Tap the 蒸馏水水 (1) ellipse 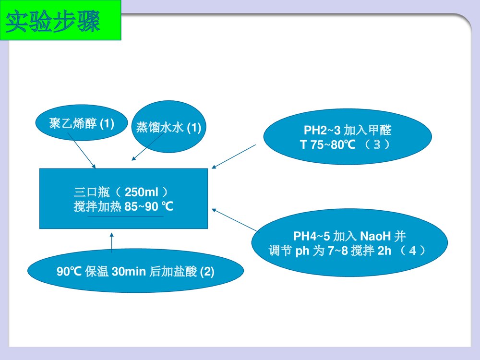click(x=168, y=127)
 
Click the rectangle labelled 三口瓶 click(x=123, y=198)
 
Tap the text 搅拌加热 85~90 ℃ click(x=123, y=207)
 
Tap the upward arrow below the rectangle click(x=112, y=242)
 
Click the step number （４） click(x=412, y=251)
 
